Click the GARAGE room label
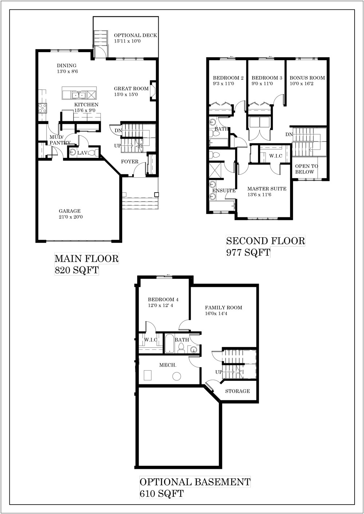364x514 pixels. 70,211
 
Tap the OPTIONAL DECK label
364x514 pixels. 135,35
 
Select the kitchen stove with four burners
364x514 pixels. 43,108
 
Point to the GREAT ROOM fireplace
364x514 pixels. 153,91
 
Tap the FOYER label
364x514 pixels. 130,162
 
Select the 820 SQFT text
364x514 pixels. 76,270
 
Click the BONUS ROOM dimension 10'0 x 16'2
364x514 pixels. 301,84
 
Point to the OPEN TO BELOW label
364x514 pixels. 306,169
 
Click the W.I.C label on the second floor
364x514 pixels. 276,156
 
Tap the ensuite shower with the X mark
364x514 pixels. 216,170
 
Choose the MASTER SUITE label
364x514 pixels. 267,189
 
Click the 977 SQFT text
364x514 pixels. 248,252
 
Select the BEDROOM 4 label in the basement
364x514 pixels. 163,300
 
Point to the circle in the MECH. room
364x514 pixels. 177,376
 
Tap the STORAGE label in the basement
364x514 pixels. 237,391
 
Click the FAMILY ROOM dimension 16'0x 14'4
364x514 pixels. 216,313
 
